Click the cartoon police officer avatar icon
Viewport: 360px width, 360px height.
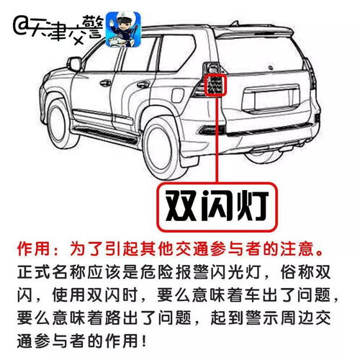coord(122,28)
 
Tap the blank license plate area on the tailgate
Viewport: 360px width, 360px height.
coord(278,101)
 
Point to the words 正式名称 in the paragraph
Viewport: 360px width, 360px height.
coord(50,274)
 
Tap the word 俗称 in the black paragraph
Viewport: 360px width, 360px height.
coord(303,274)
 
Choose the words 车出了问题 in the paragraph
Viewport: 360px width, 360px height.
coord(237,296)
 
